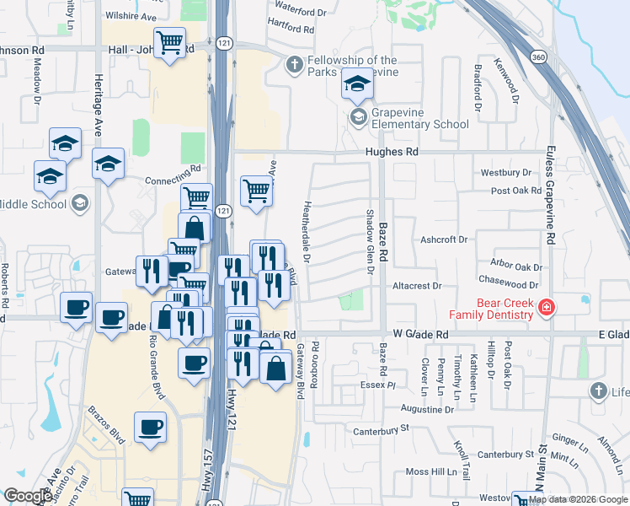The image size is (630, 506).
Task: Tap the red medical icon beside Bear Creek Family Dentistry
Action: click(x=547, y=307)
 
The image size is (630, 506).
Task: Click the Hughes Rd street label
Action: click(x=392, y=152)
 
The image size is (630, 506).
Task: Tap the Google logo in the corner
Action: click(x=27, y=496)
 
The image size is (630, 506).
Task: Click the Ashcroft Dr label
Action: click(x=444, y=240)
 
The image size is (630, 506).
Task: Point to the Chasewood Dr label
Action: click(x=507, y=286)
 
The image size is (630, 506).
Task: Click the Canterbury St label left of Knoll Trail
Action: click(x=380, y=428)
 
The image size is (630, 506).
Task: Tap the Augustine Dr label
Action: click(x=428, y=409)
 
